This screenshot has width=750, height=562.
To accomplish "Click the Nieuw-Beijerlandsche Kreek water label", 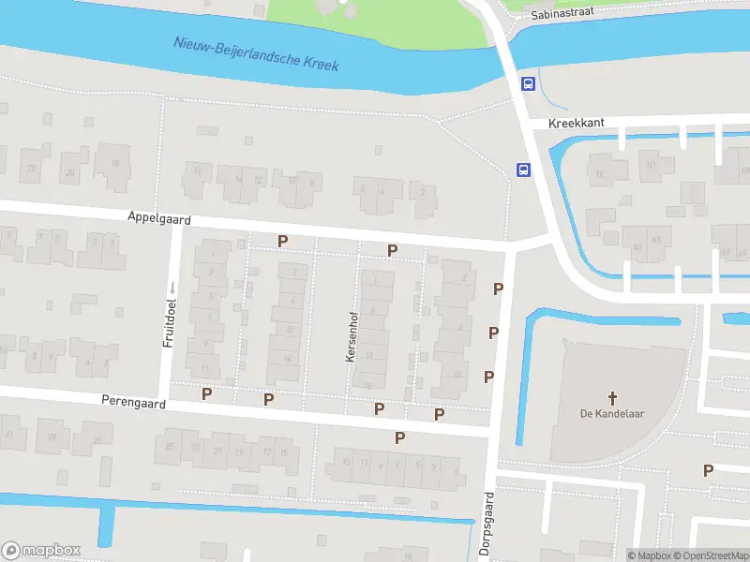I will pos(256,54).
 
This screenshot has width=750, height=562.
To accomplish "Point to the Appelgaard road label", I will pos(159,217).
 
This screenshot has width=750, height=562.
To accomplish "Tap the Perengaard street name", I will pos(133,403).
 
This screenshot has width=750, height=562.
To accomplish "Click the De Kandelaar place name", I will pos(604,414).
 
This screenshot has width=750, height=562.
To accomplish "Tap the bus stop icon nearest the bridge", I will pos(528,83).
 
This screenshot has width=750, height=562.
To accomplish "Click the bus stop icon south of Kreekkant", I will pos(522,170).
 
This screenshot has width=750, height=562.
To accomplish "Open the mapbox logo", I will pos(41,551).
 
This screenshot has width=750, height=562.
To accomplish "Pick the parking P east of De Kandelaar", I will pos(709,470).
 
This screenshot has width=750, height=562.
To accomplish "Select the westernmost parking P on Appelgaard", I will pos(282,241).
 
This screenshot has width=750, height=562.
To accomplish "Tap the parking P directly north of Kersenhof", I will pos(393,250).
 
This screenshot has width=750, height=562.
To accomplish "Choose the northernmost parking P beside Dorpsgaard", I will pos(499,289).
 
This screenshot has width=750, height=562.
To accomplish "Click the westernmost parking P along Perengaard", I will pos(206,393).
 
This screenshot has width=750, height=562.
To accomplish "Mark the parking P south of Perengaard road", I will pos(399,436).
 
